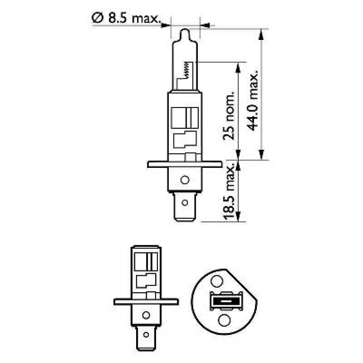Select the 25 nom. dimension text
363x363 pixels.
[x=231, y=118]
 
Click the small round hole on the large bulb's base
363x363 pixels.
[x=184, y=180]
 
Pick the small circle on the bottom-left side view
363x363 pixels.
[x=146, y=314]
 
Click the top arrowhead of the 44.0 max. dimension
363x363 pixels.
[x=261, y=33]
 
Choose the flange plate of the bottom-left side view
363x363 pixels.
[x=145, y=301]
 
